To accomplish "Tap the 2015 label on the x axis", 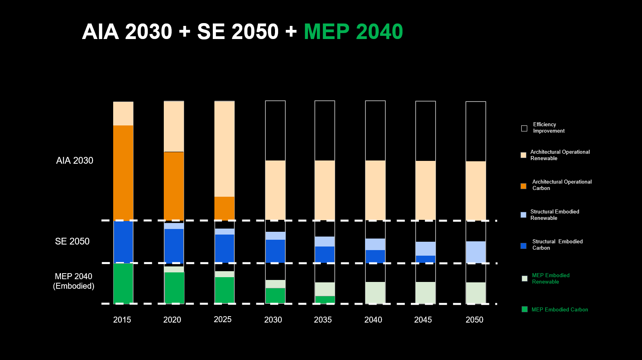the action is pyautogui.click(x=122, y=320).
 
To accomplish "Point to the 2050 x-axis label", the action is pyautogui.click(x=474, y=320).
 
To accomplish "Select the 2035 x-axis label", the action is pyautogui.click(x=323, y=320).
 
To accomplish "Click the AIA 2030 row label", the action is pyautogui.click(x=75, y=160).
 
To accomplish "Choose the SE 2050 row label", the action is pyautogui.click(x=72, y=241).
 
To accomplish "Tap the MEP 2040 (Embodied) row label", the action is pyautogui.click(x=74, y=281).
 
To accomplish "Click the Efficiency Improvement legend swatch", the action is pyautogui.click(x=524, y=128).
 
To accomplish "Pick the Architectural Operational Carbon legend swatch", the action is pyautogui.click(x=523, y=186).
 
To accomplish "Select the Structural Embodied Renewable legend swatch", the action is pyautogui.click(x=523, y=215).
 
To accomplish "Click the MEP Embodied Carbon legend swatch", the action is pyautogui.click(x=524, y=309).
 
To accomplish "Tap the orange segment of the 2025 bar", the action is pyautogui.click(x=224, y=209).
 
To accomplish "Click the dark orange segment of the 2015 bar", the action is pyautogui.click(x=123, y=173).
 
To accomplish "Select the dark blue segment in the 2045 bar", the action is pyautogui.click(x=426, y=259).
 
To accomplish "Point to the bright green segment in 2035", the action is pyautogui.click(x=325, y=300).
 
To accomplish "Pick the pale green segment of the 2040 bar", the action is pyautogui.click(x=375, y=293).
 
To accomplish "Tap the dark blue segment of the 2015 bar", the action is pyautogui.click(x=123, y=242).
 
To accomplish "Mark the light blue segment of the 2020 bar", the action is pyautogui.click(x=174, y=226).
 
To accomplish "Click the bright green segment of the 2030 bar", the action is pyautogui.click(x=275, y=296).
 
